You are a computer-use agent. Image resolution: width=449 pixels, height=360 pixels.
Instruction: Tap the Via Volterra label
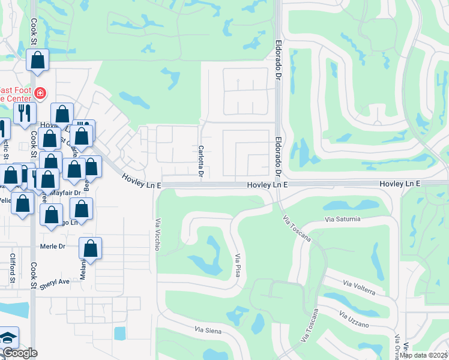(x=360, y=287)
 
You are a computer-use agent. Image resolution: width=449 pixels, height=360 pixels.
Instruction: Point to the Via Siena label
(x=208, y=331)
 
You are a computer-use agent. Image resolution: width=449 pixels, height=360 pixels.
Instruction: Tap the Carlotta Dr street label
(x=201, y=161)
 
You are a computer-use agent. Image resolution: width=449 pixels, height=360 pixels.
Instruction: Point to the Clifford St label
(x=12, y=268)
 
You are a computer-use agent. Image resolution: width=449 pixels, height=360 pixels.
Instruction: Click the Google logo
(x=20, y=353)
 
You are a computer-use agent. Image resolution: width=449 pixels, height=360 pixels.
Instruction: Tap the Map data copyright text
(x=424, y=355)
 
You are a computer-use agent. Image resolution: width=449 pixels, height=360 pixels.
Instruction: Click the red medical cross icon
(x=40, y=93)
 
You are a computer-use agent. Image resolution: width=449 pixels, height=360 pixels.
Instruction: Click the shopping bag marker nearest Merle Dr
(x=90, y=248)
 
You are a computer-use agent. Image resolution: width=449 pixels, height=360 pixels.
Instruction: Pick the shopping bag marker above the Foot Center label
(x=37, y=61)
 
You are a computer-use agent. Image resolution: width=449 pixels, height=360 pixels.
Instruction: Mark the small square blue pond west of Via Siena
(x=119, y=332)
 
